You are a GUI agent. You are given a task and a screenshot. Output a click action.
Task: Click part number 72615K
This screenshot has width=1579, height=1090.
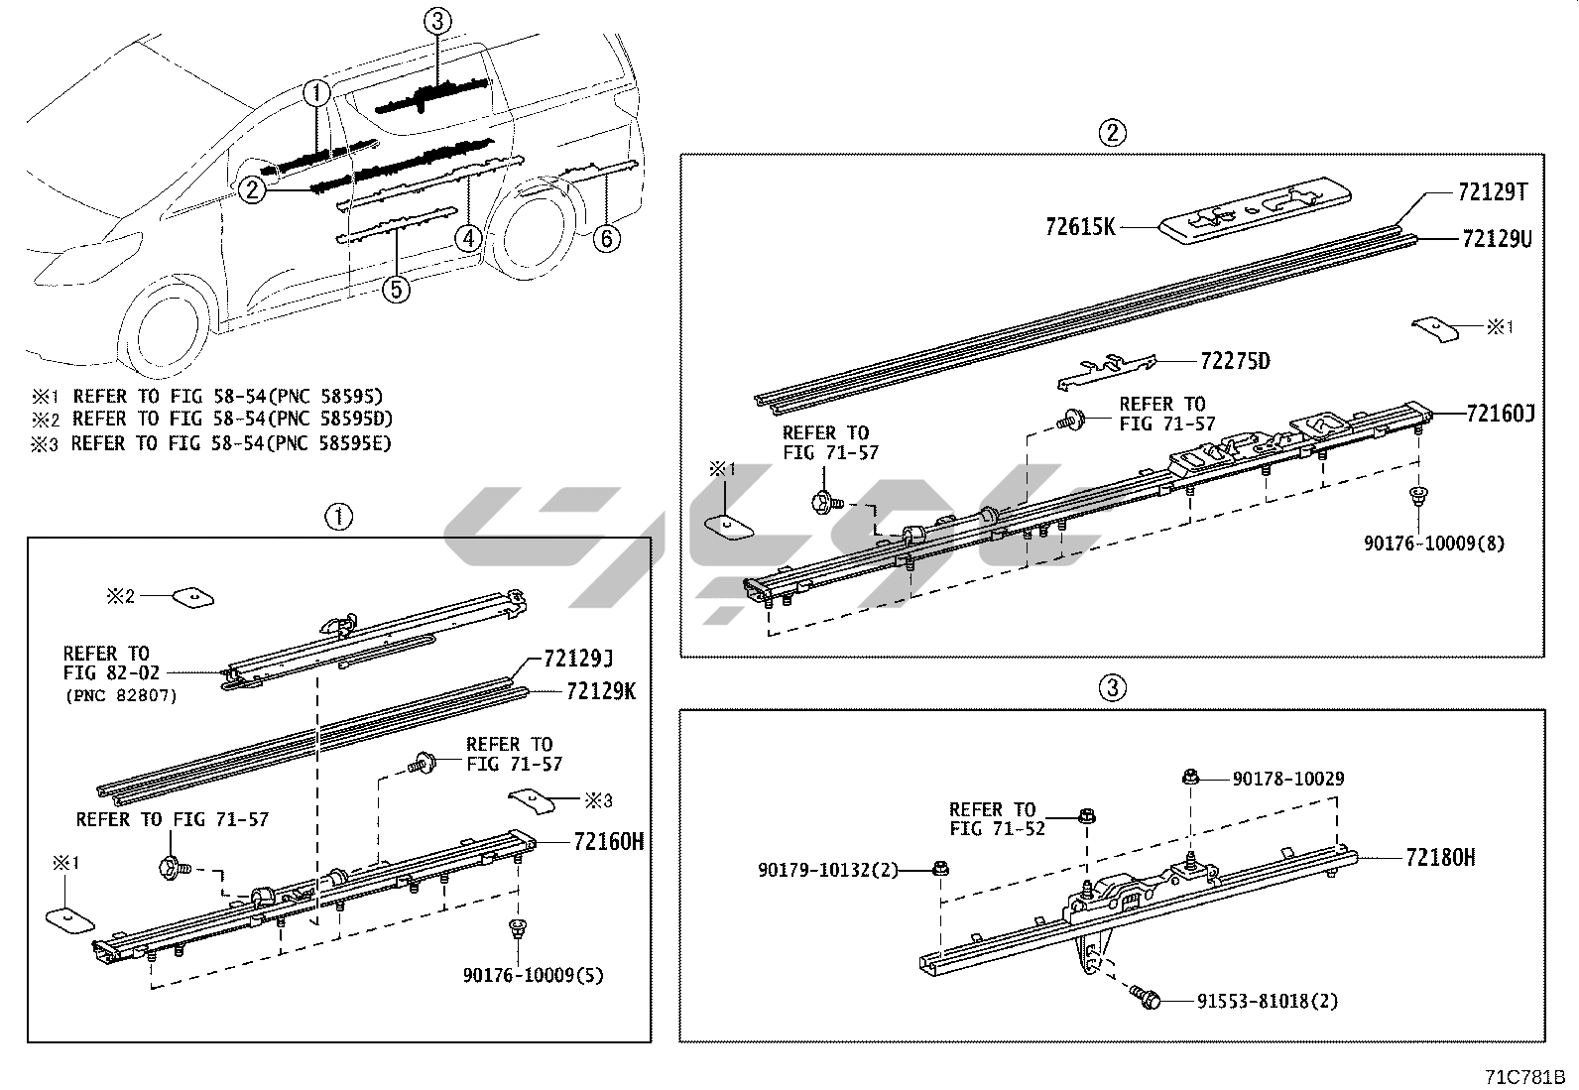(x=1080, y=227)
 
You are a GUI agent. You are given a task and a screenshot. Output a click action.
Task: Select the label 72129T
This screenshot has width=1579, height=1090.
(x=1493, y=191)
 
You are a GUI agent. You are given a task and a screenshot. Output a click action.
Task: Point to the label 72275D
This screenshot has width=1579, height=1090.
(x=1235, y=361)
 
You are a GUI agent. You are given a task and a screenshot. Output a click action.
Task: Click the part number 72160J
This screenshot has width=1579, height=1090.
(x=1501, y=413)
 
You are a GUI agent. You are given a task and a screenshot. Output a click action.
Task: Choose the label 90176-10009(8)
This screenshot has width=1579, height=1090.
(x=1434, y=544)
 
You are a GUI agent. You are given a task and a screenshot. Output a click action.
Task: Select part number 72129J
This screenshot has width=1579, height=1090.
(x=578, y=659)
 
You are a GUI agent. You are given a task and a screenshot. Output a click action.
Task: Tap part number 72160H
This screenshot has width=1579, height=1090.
(x=608, y=842)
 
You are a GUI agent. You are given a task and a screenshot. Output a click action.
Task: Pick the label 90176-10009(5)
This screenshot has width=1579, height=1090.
(x=533, y=976)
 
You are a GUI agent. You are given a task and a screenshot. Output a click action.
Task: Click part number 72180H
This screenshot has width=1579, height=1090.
(x=1440, y=857)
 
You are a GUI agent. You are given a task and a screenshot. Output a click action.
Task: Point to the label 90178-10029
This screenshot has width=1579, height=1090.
(x=1288, y=779)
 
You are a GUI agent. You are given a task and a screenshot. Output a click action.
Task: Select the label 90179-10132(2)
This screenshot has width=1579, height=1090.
(x=828, y=870)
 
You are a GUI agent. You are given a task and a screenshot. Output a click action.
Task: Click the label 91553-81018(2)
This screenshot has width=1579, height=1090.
(x=1253, y=1002)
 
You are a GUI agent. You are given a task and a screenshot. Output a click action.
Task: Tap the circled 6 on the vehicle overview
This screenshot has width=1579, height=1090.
(x=607, y=238)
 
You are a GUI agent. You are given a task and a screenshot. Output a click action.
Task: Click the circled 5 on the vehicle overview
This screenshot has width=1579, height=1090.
(x=396, y=289)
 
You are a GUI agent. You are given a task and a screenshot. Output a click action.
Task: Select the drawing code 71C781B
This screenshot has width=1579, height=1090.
(x=1523, y=1076)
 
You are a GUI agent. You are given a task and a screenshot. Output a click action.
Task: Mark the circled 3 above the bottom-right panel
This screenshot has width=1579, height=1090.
(x=1113, y=687)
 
